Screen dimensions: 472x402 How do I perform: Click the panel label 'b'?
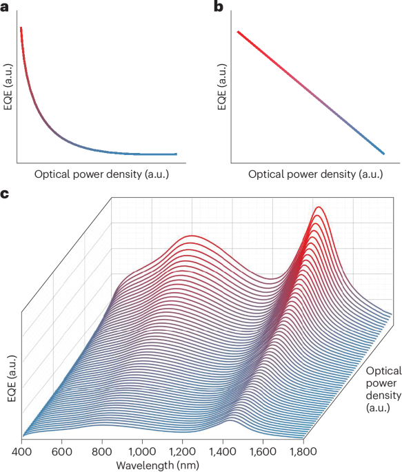pyautogui.click(x=219, y=8)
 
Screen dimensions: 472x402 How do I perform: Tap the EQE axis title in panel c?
pyautogui.click(x=8, y=374)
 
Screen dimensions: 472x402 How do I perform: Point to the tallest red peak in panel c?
pyautogui.click(x=319, y=207)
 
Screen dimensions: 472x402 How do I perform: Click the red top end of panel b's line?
pyautogui.click(x=239, y=31)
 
